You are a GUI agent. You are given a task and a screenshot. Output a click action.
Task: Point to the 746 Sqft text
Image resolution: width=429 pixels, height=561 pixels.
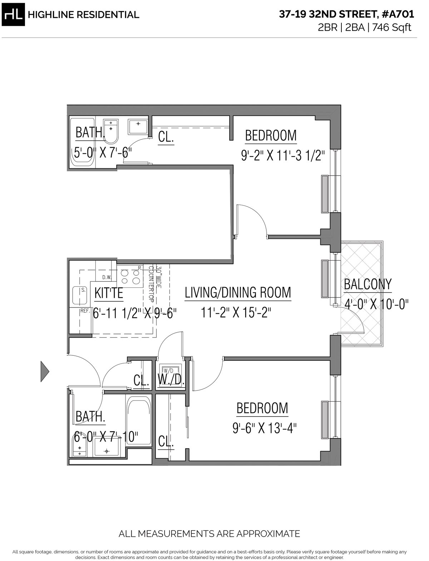coord(392,27)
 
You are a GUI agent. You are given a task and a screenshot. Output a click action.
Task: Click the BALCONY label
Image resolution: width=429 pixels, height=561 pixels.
coord(368,284)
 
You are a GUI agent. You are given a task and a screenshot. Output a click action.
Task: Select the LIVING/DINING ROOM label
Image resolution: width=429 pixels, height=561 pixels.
coord(238,292)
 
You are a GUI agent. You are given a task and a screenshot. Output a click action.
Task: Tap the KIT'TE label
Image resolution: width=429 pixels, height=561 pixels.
coord(109,293)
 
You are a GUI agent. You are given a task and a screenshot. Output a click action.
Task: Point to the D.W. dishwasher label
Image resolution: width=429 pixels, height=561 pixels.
coord(107,277)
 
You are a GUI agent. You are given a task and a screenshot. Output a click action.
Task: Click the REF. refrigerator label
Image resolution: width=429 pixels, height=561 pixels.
coord(85,311)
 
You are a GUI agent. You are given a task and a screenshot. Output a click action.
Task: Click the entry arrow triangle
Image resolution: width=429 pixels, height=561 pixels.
coord(45,371)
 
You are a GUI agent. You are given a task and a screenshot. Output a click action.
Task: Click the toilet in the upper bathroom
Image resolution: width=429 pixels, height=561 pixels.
coord(111,132)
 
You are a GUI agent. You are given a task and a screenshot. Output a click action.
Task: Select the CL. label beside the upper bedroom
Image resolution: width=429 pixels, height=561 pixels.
coord(166,137)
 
